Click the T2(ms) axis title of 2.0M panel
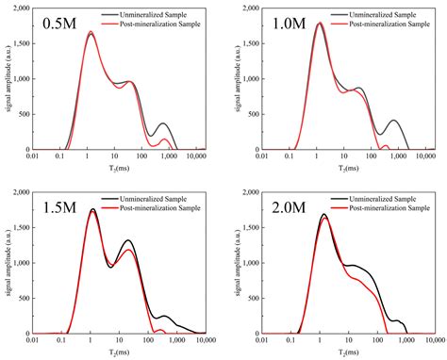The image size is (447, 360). (x=337, y=352)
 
